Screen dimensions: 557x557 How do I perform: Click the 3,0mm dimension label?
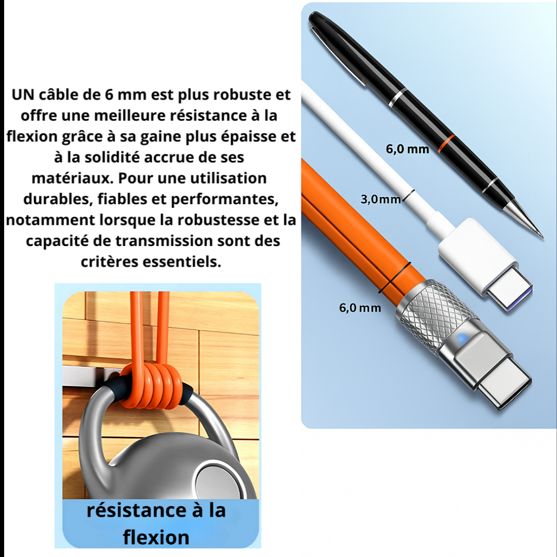click(x=381, y=199)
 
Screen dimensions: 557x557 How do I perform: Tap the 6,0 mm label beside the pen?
click(x=407, y=150)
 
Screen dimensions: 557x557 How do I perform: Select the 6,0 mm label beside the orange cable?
click(x=360, y=308)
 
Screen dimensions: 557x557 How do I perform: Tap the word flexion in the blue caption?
click(x=156, y=537)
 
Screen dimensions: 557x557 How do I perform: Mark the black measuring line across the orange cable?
click(x=394, y=277)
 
